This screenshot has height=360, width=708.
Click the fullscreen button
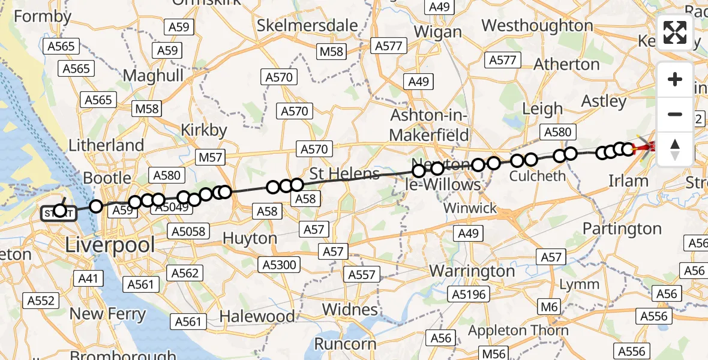click(x=675, y=32)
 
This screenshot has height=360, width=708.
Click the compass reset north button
click(x=675, y=149)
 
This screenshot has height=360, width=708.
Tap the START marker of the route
click(x=59, y=212)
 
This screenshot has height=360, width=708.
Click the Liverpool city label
click(x=110, y=244)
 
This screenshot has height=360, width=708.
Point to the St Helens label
click(x=344, y=174)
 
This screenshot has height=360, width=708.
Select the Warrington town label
click(x=472, y=271)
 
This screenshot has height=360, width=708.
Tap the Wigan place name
click(x=438, y=31)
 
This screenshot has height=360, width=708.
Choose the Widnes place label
click(x=350, y=310)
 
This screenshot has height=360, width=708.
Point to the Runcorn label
click(x=346, y=344)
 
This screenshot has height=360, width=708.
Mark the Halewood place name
click(x=257, y=316)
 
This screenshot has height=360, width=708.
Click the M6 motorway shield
click(x=548, y=308)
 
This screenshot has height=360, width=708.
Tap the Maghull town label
click(x=153, y=76)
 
